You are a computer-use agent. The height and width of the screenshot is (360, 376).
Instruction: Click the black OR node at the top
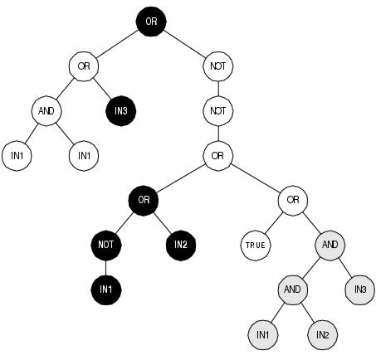click(151, 22)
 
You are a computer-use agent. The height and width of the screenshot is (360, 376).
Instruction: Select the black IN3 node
click(121, 111)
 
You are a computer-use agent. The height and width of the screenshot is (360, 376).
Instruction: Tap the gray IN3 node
click(360, 289)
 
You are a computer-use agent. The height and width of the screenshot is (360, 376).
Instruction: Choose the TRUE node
click(256, 246)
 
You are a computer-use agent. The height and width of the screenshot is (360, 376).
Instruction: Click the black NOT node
click(106, 245)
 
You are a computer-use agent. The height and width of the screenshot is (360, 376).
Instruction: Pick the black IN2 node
click(181, 245)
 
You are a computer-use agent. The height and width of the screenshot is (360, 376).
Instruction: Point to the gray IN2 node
click(323, 335)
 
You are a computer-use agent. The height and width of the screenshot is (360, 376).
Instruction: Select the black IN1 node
click(106, 289)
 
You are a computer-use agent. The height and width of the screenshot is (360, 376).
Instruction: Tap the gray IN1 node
click(263, 335)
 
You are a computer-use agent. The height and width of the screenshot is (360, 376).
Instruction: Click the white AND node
click(46, 111)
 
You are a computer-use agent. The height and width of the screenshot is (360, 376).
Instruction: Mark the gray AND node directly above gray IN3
click(330, 245)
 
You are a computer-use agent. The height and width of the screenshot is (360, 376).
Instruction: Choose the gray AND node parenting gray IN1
click(293, 289)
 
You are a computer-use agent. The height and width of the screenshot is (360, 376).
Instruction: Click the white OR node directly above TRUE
click(293, 201)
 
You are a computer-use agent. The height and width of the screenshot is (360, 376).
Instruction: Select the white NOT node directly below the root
click(218, 66)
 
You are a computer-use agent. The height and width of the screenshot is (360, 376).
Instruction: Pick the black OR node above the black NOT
click(144, 201)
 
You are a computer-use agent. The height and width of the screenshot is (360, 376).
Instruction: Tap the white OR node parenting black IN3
click(84, 66)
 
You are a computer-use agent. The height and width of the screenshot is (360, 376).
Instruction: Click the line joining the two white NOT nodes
click(218, 89)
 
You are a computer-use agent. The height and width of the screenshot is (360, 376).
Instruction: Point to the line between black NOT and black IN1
click(106, 268)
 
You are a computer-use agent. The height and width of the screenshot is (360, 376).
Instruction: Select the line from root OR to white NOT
click(184, 44)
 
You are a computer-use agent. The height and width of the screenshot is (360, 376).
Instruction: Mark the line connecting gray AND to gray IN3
click(345, 267)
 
